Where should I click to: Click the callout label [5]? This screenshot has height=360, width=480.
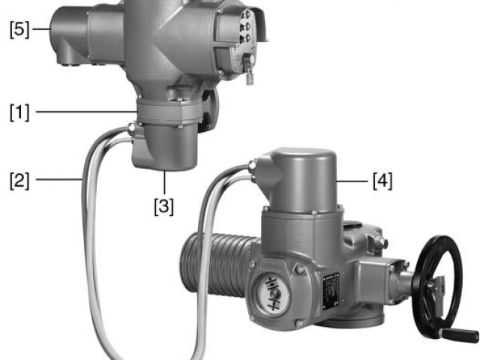19,30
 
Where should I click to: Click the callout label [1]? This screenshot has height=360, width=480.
19,112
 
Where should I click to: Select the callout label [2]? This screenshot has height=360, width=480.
19,180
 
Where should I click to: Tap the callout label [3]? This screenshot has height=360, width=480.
163,206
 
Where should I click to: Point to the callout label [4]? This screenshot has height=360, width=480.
382,181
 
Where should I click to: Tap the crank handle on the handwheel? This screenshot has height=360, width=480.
459,334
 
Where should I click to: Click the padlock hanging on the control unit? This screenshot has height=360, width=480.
250,76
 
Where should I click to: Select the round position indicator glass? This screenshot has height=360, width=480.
271,294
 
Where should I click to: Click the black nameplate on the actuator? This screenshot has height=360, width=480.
331,290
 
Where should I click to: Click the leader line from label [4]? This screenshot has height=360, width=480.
352,181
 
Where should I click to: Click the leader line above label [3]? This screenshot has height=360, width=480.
165,182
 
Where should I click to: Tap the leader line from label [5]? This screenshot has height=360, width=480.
42,29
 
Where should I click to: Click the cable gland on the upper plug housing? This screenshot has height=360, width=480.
131,128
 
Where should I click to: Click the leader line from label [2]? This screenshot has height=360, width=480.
59,180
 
